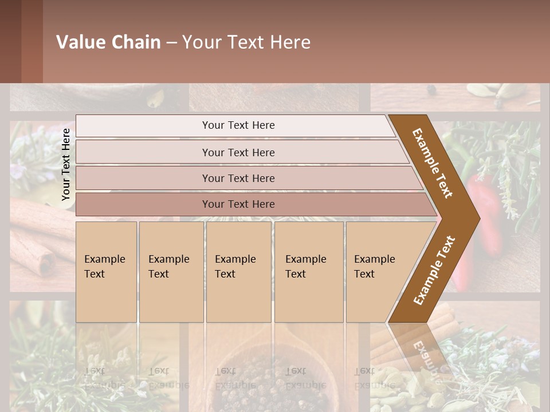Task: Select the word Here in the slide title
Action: pos(289,42)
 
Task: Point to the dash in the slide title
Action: pos(171,43)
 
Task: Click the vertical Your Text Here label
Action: pos(66,164)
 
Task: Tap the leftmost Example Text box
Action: pos(106,272)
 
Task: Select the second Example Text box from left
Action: pos(171,272)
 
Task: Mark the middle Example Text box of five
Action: pos(238,272)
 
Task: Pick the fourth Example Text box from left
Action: pos(309,272)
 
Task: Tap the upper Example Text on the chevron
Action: pos(433,163)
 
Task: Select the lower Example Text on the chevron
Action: pos(434,271)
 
